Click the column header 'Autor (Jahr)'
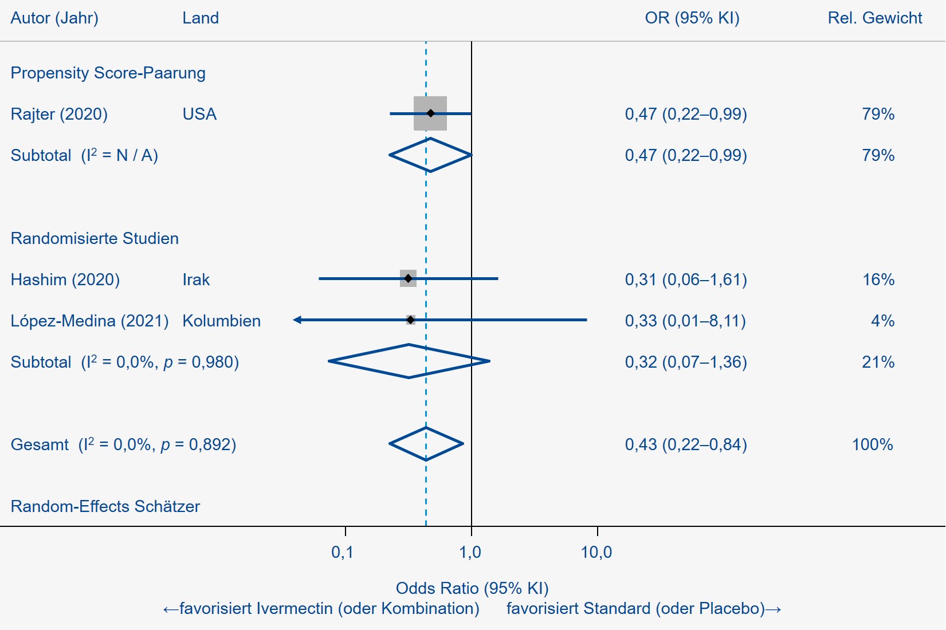54,18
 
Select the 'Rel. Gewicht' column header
875,18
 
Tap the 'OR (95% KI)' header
692,18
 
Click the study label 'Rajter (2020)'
59,114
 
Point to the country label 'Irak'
196,279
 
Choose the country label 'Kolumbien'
221,321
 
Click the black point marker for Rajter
431,113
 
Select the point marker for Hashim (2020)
408,278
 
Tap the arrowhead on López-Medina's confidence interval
297,320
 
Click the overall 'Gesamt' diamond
426,444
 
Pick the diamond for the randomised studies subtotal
409,361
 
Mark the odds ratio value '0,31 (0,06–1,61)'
686,279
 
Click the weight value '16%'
878,279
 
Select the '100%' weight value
872,444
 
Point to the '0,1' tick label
343,552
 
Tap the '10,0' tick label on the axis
596,552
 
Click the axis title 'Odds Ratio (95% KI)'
472,588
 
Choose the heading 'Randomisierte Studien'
95,238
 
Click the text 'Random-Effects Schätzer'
105,506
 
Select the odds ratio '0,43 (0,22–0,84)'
686,444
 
